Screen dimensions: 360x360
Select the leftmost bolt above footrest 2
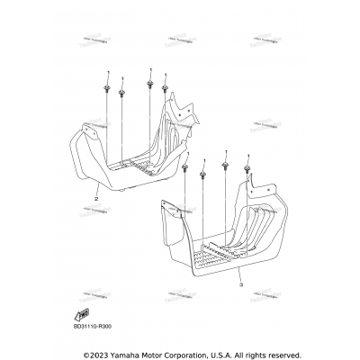click(x=108, y=90)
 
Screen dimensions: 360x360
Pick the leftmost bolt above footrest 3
click(x=185, y=167)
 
